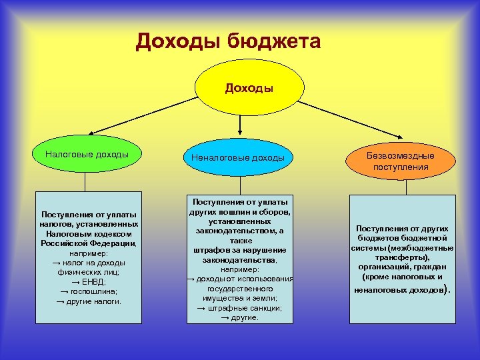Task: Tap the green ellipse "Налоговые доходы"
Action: pyautogui.click(x=87, y=155)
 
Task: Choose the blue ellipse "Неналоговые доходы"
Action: pyautogui.click(x=238, y=159)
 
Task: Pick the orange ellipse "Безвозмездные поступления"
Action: pyautogui.click(x=401, y=161)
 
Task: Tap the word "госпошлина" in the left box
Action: pyautogui.click(x=91, y=291)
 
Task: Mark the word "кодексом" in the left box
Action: pyautogui.click(x=111, y=234)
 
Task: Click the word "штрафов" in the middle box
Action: pyautogui.click(x=212, y=249)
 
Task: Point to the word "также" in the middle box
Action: pyautogui.click(x=239, y=239)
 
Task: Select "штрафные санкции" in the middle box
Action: pyautogui.click(x=244, y=308)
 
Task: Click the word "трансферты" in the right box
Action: pyautogui.click(x=401, y=257)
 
